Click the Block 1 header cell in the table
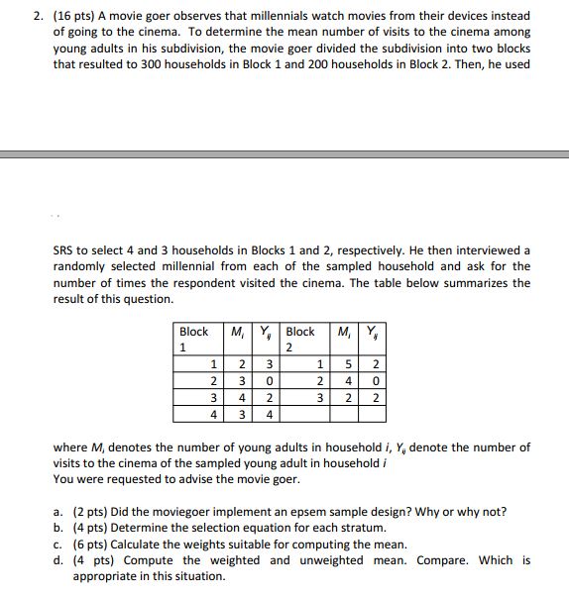[x=194, y=339]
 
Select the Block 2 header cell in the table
[x=300, y=339]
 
